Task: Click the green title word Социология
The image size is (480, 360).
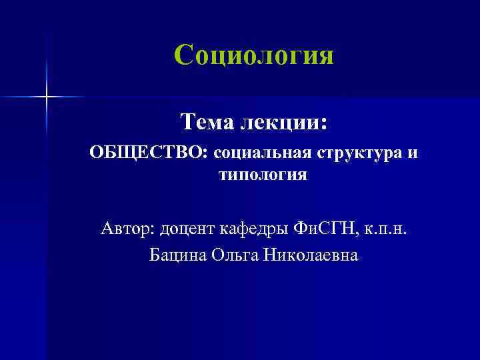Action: point(253,55)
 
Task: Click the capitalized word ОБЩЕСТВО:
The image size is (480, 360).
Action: point(149,153)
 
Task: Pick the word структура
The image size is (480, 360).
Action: point(360,154)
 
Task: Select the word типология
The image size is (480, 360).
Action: point(263,175)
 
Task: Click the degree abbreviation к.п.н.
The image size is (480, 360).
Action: point(384,230)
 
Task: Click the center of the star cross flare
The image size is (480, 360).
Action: point(47,97)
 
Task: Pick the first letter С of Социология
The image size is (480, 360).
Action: point(183,55)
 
